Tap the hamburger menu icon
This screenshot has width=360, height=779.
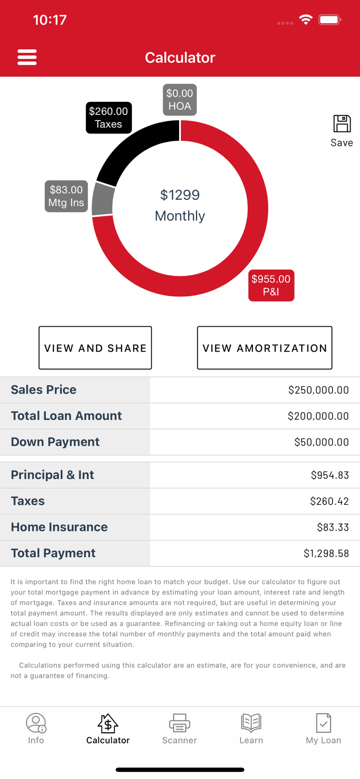pos(27,57)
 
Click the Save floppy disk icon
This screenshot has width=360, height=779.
pos(342,125)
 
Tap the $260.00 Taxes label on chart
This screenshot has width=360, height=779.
pos(109,118)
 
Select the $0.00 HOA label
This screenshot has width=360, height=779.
pos(180,100)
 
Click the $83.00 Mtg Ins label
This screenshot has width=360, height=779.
pos(66,196)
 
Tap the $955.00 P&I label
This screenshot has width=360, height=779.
pos(271,285)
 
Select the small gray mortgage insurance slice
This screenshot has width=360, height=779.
pos(103,199)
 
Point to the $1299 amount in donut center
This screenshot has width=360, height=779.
pos(180,195)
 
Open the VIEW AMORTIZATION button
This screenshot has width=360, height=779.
pos(264,348)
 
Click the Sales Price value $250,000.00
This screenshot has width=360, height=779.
pos(318,390)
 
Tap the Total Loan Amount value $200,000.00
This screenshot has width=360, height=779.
pos(318,416)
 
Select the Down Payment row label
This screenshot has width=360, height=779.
pos(55,442)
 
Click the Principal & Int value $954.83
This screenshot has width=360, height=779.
pos(329,475)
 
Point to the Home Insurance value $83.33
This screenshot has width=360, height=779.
pos(332,527)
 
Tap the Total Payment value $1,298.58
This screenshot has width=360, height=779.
pos(326,554)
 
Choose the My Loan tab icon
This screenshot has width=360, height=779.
pos(323,723)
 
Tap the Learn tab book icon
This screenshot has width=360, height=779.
pos(251,722)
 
